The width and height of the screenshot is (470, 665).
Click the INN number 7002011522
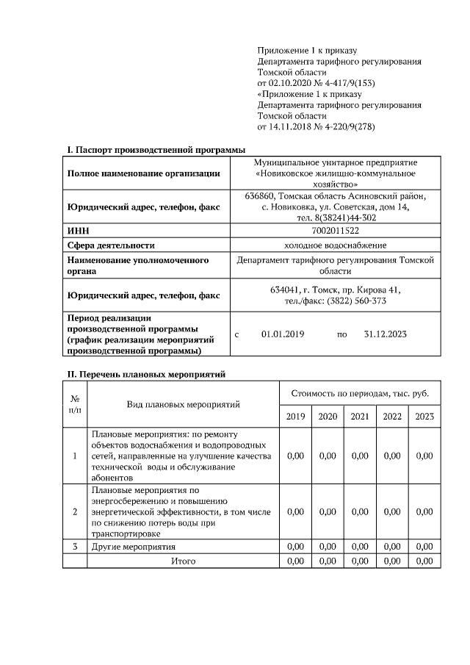336,231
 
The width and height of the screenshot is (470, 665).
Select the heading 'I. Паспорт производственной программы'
156,150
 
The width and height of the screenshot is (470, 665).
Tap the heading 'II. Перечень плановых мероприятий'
146,374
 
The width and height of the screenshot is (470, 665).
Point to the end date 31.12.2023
386,334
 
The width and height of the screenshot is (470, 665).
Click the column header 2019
295,416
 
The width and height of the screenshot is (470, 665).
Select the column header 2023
424,416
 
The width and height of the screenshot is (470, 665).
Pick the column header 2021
360,416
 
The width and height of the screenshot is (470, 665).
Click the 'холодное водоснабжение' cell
336,245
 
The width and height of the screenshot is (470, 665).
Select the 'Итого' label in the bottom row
183,561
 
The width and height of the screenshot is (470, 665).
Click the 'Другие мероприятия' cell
133,547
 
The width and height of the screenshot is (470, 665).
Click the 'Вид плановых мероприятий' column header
183,403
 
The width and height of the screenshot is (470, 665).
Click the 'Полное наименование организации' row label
143,173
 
